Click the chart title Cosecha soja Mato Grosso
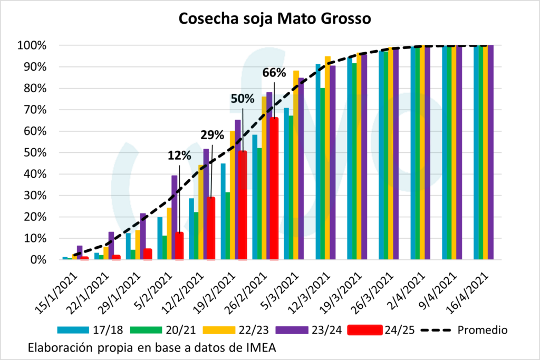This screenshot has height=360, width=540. (x=275, y=19)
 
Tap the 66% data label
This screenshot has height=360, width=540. (x=274, y=73)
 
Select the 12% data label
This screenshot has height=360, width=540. (x=179, y=155)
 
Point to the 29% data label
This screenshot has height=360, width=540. (x=212, y=135)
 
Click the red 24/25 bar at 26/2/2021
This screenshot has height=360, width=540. (x=274, y=190)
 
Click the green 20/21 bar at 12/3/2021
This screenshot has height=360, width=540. (x=322, y=174)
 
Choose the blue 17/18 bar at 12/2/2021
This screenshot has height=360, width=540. (x=191, y=229)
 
